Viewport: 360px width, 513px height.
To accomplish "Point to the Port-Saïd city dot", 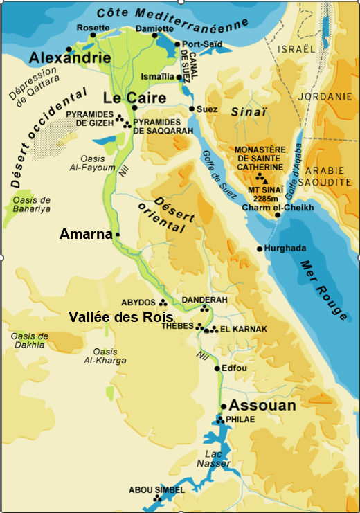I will click(177, 44).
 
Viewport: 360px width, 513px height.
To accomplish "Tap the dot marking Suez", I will click(192, 109).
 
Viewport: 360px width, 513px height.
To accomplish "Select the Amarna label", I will click(86, 235).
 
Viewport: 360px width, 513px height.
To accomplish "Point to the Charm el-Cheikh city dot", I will click(278, 215).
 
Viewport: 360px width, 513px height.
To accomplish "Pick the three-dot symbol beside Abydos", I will click(163, 302).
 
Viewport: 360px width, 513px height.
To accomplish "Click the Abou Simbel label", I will click(156, 490).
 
